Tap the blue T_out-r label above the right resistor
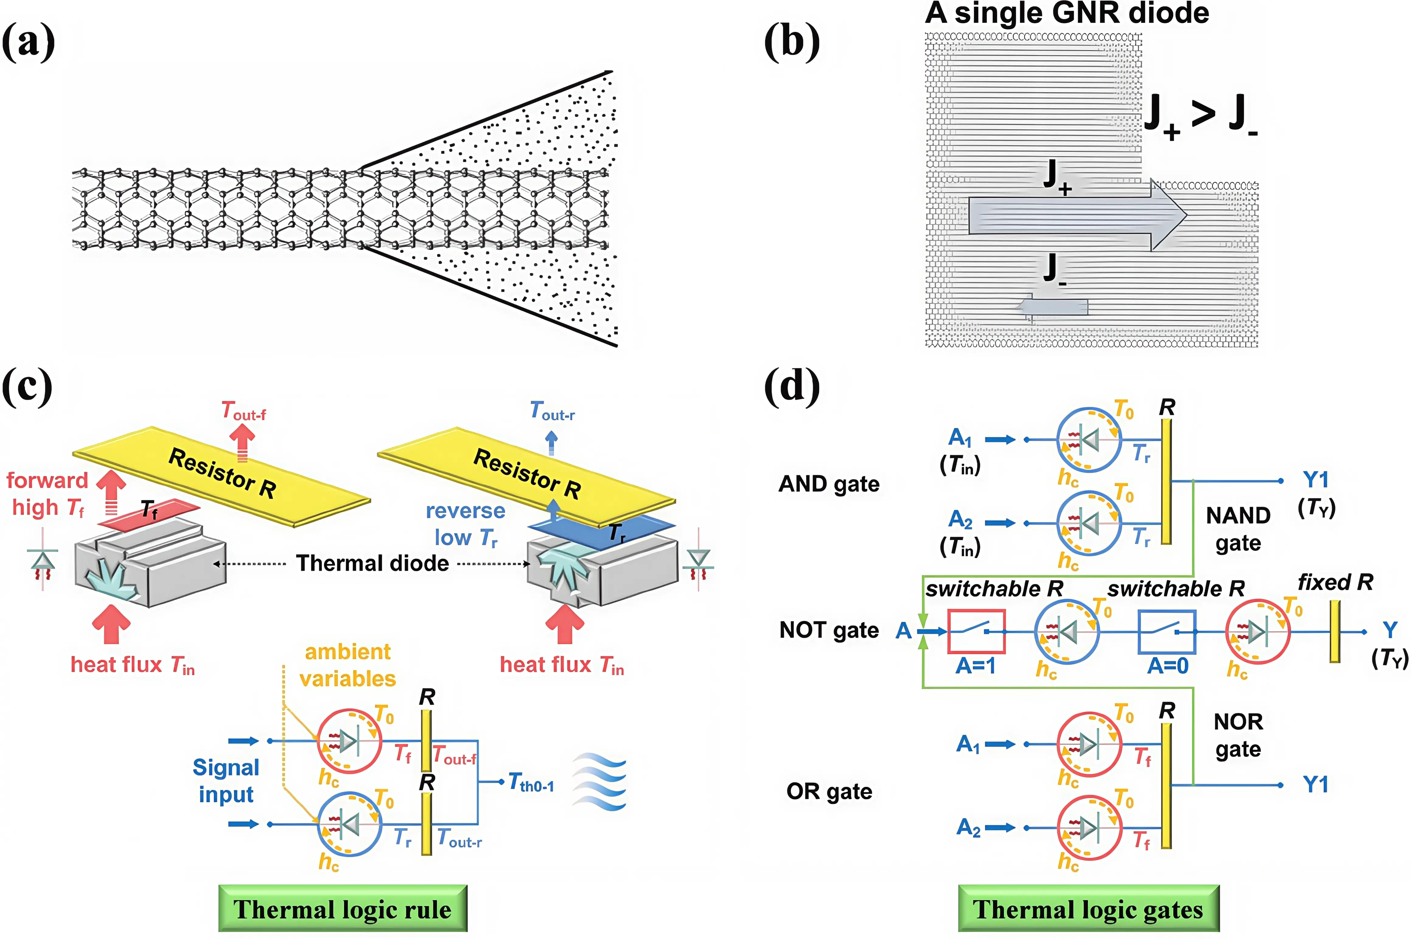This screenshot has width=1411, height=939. point(552,412)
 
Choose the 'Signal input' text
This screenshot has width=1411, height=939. point(226,780)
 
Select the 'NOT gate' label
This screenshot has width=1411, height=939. point(829,630)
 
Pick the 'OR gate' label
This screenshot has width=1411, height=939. point(829,791)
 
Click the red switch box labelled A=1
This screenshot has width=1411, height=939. point(976,631)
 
